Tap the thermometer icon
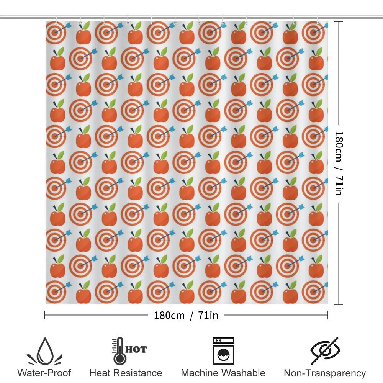click(119, 351)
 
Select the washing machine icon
click(224, 351)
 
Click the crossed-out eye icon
click(325, 351)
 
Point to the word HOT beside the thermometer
click(136, 349)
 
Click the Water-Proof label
click(44, 373)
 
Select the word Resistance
click(137, 373)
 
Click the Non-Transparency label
click(325, 373)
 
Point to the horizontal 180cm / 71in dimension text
click(186, 315)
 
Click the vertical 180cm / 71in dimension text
click(339, 163)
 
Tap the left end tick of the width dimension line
click(45, 315)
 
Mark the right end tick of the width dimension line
click(327, 315)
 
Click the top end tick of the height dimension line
click(339, 22)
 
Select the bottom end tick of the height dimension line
click(339, 304)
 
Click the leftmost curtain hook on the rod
click(56, 20)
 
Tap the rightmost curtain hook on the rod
click(317, 20)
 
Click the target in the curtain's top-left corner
click(56, 33)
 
